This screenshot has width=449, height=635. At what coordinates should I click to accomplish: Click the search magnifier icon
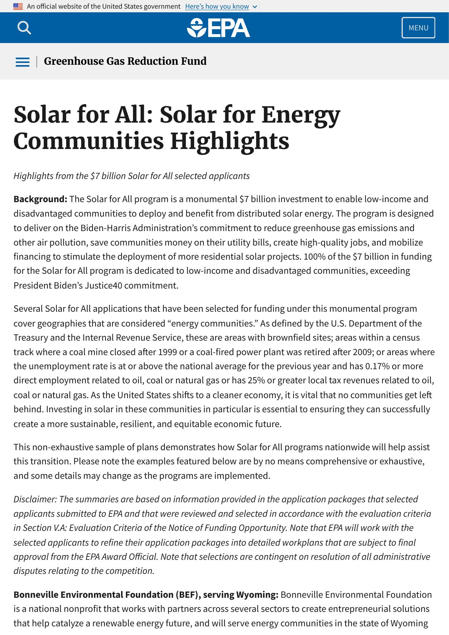24,27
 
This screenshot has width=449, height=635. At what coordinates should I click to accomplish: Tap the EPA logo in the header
218,28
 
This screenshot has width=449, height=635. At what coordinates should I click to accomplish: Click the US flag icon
18,6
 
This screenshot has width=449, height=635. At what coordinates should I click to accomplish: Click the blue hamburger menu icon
22,62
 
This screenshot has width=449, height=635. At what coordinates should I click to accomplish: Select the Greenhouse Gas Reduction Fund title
125,61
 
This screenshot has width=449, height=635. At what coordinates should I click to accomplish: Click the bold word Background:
40,199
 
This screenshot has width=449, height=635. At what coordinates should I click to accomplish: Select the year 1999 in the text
167,352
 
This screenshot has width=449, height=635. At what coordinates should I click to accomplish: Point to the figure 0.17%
377,366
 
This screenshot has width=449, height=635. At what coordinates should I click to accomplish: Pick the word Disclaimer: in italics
35,499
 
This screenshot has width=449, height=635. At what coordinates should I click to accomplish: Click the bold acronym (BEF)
187,594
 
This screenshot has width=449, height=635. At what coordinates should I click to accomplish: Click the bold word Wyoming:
257,594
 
